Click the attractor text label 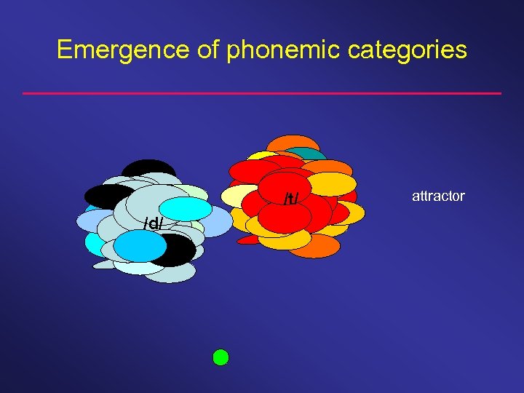[438, 196]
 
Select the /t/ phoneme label [291, 199]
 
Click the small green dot [221, 357]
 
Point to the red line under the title [262, 93]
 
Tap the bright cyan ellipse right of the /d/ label [191, 209]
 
